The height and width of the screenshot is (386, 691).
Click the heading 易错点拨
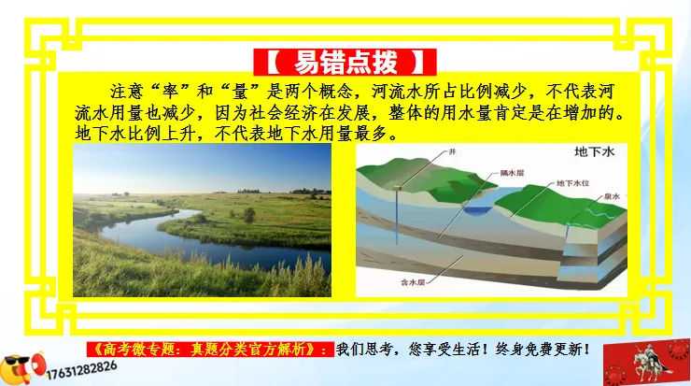click(x=345, y=62)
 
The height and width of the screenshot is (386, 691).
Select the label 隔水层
click(x=510, y=172)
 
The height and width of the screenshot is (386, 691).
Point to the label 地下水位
click(x=572, y=184)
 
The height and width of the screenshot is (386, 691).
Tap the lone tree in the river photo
click(x=249, y=214)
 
